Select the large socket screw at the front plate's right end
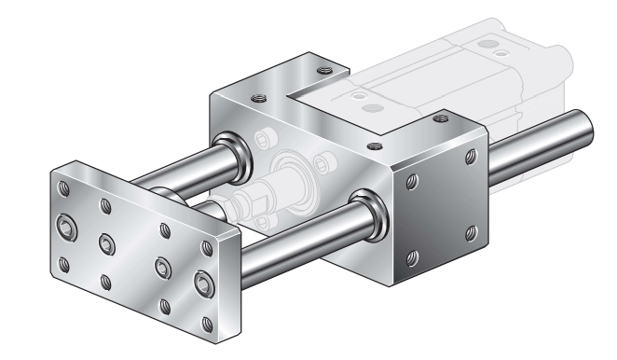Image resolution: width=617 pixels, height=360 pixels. pyautogui.click(x=204, y=283)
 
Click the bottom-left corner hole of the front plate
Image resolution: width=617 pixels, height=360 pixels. pyautogui.click(x=64, y=264)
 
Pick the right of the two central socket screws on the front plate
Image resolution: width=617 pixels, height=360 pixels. pyautogui.click(x=162, y=265)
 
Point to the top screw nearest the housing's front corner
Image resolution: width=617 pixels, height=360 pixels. pyautogui.click(x=374, y=145)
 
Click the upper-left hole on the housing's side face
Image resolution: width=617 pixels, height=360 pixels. pyautogui.click(x=412, y=177)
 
